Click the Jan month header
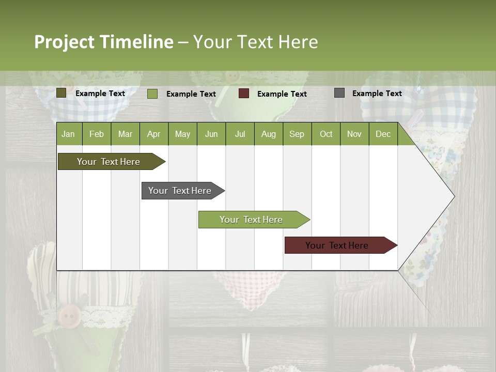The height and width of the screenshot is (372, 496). (x=68, y=134)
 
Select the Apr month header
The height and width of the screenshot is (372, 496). (x=153, y=134)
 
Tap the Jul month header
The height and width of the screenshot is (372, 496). (x=240, y=134)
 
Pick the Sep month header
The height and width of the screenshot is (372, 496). (x=297, y=134)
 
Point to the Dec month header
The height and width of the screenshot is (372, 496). (x=383, y=134)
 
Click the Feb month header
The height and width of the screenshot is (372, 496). (x=97, y=134)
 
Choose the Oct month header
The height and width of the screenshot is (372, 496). (x=326, y=134)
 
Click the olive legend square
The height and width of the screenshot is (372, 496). (x=61, y=93)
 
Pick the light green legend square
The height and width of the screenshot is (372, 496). (x=152, y=94)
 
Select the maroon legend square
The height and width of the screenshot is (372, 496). (x=244, y=93)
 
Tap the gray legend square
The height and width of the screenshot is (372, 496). (x=339, y=93)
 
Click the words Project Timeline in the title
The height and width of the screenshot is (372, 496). (x=103, y=42)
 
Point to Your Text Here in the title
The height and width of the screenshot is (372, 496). (x=256, y=42)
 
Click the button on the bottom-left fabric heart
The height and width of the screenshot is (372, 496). (x=69, y=314)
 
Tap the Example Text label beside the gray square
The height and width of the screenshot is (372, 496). (x=377, y=94)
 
